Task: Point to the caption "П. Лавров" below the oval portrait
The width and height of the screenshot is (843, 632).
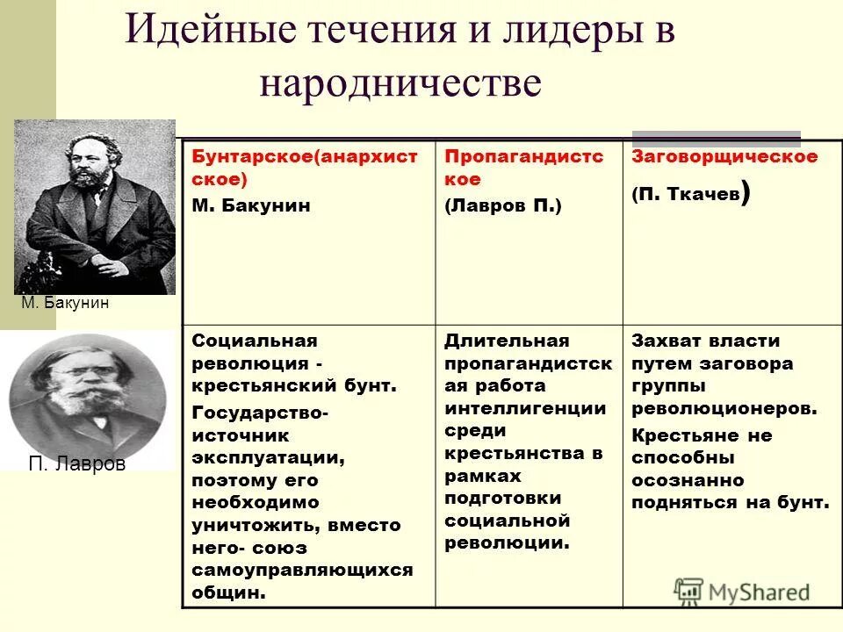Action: pyautogui.click(x=77, y=464)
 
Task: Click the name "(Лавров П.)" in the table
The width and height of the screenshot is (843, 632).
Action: pyautogui.click(x=502, y=205)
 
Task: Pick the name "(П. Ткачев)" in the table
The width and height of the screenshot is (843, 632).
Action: pyautogui.click(x=690, y=195)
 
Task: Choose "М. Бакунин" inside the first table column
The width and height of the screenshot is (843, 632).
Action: pyautogui.click(x=251, y=205)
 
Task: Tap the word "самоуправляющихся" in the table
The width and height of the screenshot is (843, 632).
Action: pyautogui.click(x=302, y=569)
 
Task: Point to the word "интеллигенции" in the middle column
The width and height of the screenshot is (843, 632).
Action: pyautogui.click(x=525, y=408)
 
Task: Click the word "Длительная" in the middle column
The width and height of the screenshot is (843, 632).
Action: pyautogui.click(x=507, y=341)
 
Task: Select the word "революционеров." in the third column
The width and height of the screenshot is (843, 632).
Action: pyautogui.click(x=724, y=408)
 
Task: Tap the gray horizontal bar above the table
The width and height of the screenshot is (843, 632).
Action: pyautogui.click(x=717, y=137)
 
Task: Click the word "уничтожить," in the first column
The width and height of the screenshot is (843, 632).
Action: pyautogui.click(x=257, y=525)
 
